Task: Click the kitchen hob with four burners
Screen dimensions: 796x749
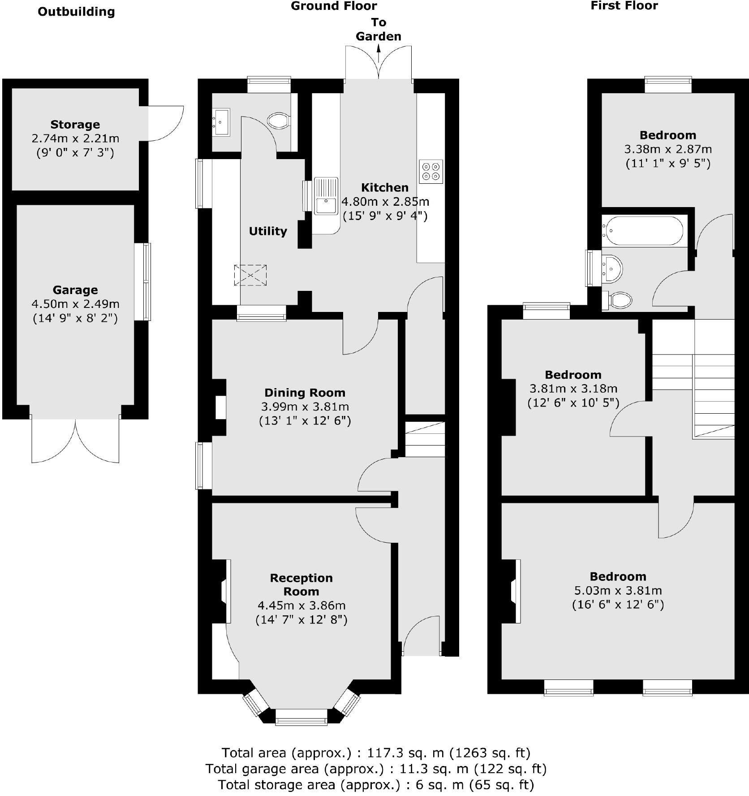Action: tap(431, 171)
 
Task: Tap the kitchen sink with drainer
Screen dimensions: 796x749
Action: tap(326, 196)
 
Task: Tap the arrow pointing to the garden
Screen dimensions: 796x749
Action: tap(379, 56)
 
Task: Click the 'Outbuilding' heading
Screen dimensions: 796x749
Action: tap(76, 12)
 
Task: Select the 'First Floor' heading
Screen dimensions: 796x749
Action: tap(624, 6)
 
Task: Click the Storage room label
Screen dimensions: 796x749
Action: tap(75, 124)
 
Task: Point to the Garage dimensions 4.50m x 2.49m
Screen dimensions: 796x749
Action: tap(75, 304)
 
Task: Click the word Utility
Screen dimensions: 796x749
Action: tap(268, 231)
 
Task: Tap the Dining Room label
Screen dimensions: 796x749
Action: tap(305, 393)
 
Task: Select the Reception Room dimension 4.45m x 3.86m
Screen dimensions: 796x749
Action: tap(301, 606)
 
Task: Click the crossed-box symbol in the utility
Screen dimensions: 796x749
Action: tap(250, 275)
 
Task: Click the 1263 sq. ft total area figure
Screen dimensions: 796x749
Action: tap(491, 752)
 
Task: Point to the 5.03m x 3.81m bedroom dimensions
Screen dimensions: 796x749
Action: tap(618, 590)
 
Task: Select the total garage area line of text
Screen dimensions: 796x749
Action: tap(375, 769)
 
